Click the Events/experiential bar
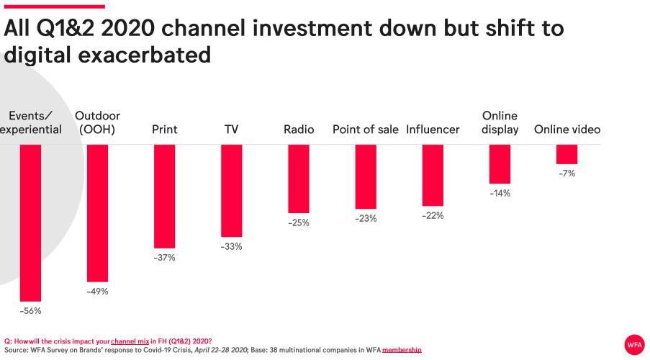30,222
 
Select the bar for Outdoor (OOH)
97,213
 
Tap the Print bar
164,196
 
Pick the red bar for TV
231,190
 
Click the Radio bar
298,179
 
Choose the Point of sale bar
365,176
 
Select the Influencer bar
433,175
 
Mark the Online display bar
500,163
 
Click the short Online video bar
567,154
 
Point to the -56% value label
30,311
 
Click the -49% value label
97,292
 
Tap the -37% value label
164,257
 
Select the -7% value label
567,174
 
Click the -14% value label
500,193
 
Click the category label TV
231,130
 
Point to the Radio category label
299,130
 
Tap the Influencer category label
433,130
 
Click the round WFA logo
633,343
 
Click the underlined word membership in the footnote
402,350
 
